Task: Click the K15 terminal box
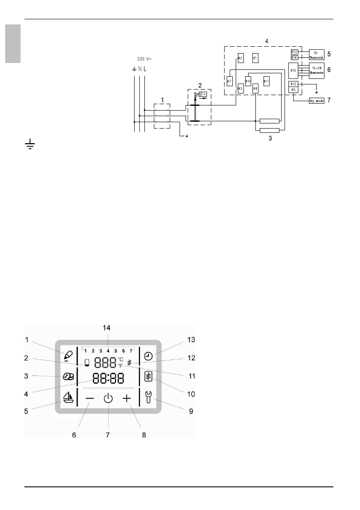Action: click(293, 70)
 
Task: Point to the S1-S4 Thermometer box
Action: click(317, 70)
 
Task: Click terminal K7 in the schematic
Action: click(229, 81)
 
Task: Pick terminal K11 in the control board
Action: click(266, 81)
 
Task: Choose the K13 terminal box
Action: click(294, 51)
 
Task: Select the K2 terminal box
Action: click(240, 58)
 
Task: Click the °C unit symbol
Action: click(120, 359)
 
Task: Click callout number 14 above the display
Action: click(106, 328)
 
